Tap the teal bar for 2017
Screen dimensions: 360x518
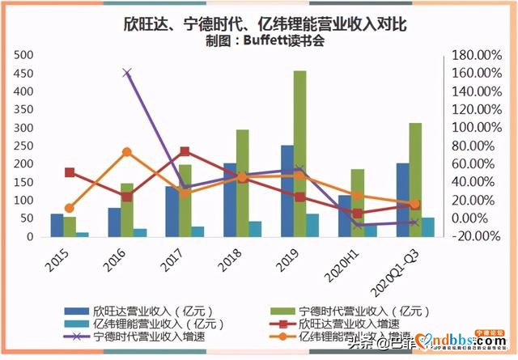[x=197, y=231]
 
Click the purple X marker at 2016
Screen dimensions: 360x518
[x=127, y=73]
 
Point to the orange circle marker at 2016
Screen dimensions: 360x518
[x=127, y=152]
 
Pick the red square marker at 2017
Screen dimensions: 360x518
[x=185, y=151]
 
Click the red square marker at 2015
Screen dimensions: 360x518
[x=70, y=172]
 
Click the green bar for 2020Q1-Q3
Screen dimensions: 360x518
[x=414, y=180]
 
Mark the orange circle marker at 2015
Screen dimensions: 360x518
[x=70, y=208]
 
